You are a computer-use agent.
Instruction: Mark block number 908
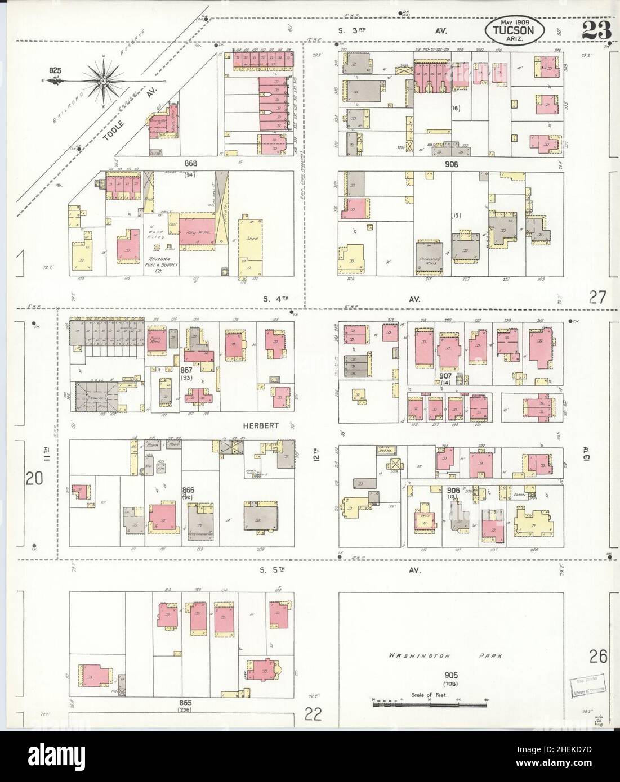451,165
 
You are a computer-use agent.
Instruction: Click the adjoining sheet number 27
597,297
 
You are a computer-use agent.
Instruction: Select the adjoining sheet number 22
314,714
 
